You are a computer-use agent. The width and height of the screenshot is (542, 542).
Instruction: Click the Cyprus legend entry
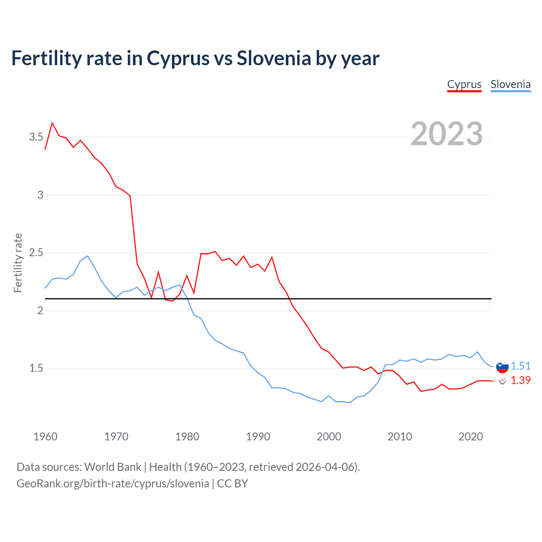point(464,84)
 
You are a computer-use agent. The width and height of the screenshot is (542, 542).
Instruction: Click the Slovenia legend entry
point(510,84)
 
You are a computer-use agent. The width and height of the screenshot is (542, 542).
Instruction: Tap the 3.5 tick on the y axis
point(36,137)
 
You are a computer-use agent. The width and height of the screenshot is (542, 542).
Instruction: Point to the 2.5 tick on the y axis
point(36,253)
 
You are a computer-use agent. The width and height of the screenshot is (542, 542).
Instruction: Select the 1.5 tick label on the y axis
point(36,368)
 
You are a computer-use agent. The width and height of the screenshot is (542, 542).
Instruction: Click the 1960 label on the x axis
point(45,437)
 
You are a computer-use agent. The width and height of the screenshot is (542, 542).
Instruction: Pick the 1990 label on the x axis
point(258,437)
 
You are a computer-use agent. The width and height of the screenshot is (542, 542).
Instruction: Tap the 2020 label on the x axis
point(470,437)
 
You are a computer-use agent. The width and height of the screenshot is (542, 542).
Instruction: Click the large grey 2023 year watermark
point(446,134)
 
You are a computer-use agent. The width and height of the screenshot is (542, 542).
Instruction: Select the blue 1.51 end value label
point(520,366)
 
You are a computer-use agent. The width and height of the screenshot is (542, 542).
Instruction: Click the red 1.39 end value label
point(520,380)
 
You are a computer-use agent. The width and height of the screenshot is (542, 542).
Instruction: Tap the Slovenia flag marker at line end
point(502,367)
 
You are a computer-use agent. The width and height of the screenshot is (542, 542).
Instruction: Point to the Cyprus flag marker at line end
point(502,381)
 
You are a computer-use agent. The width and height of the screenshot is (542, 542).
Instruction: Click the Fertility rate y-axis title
point(18,263)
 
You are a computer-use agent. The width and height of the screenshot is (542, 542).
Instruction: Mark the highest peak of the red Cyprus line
point(52,123)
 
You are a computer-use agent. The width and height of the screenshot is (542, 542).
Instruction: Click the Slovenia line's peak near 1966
point(87,256)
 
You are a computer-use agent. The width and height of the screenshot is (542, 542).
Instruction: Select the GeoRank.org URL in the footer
point(113,484)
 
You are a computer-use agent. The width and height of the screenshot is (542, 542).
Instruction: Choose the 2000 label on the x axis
point(329,437)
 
